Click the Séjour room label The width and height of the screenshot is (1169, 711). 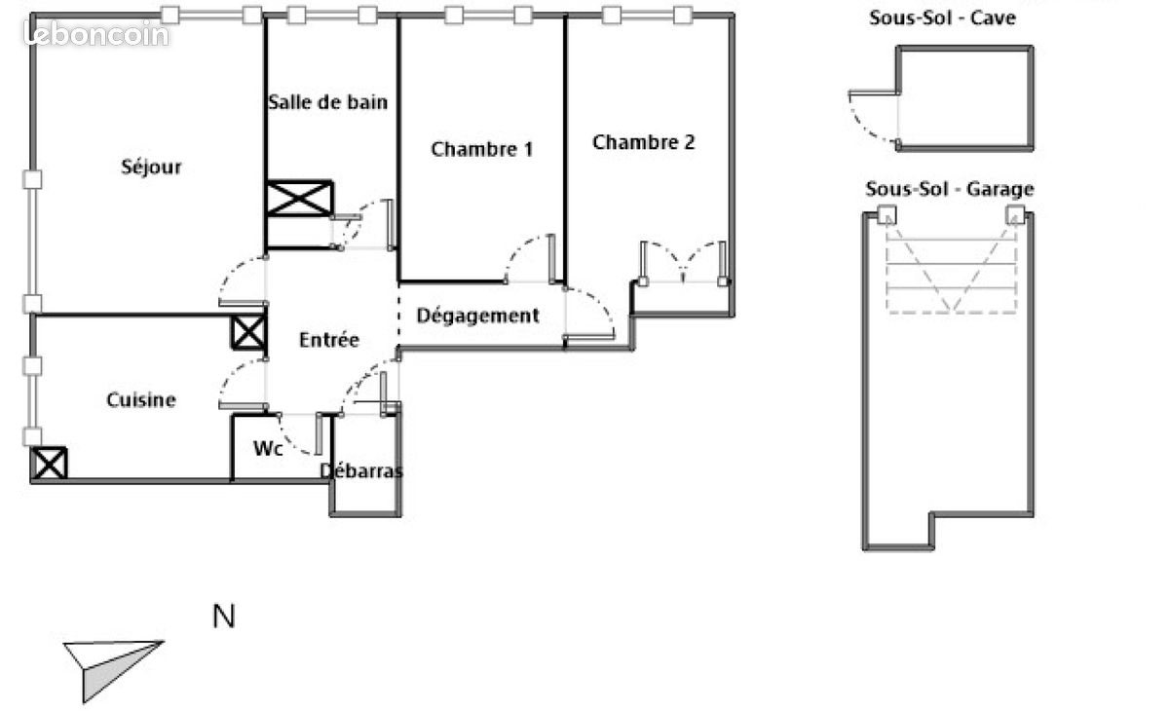(x=151, y=168)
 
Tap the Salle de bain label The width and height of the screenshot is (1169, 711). (x=327, y=102)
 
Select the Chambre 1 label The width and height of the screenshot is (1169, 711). (x=481, y=149)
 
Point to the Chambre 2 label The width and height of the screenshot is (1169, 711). (x=643, y=142)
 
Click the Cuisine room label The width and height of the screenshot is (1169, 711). (x=141, y=399)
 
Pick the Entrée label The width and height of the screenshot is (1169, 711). (x=328, y=340)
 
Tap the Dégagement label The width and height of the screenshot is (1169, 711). (x=477, y=316)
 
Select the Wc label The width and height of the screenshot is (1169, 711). (x=268, y=449)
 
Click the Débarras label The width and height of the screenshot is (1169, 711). (x=361, y=471)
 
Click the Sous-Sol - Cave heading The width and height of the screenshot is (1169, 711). (x=942, y=18)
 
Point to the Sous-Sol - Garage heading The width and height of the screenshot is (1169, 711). (x=949, y=189)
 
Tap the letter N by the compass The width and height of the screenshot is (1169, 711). (x=224, y=617)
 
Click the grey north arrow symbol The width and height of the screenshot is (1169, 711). (x=107, y=665)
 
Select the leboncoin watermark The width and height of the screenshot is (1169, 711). (x=96, y=35)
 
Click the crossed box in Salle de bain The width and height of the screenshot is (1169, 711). (x=299, y=199)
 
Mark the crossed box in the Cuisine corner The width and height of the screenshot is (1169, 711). (x=49, y=463)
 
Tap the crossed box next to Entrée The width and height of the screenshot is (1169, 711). (x=247, y=332)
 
